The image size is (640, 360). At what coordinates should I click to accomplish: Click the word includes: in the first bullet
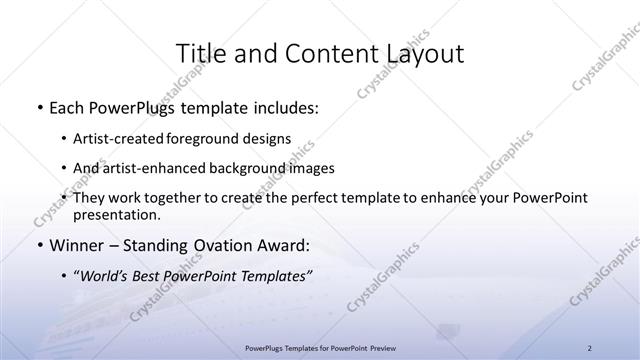click(x=283, y=107)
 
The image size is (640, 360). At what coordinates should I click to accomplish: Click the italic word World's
click(x=107, y=276)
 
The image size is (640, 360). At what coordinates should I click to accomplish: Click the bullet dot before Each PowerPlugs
click(x=38, y=107)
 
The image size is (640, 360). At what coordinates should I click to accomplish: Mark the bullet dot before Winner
click(x=38, y=245)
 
